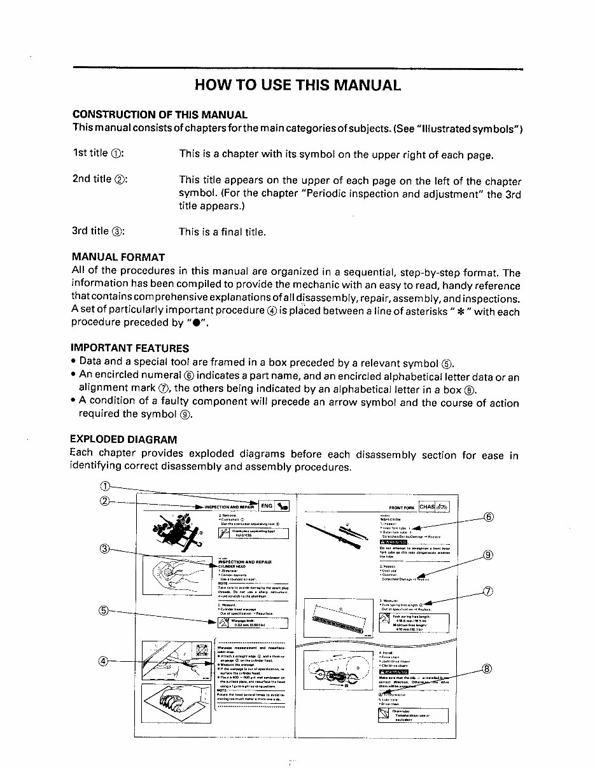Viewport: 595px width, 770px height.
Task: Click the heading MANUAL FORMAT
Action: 118,258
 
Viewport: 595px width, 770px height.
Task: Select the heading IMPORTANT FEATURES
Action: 130,348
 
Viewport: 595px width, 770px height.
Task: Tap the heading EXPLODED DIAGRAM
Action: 123,440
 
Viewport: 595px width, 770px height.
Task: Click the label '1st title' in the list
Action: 90,153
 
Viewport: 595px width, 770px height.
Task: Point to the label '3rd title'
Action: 91,231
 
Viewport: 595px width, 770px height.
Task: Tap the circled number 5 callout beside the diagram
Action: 106,611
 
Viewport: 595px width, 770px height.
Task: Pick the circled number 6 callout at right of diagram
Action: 489,517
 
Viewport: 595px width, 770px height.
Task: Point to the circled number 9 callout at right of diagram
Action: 489,555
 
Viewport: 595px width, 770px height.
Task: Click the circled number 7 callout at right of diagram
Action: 489,592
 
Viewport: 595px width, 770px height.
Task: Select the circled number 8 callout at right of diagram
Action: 489,668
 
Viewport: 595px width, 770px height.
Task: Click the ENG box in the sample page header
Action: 267,506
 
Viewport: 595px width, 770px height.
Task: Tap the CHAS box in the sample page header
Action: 427,507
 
